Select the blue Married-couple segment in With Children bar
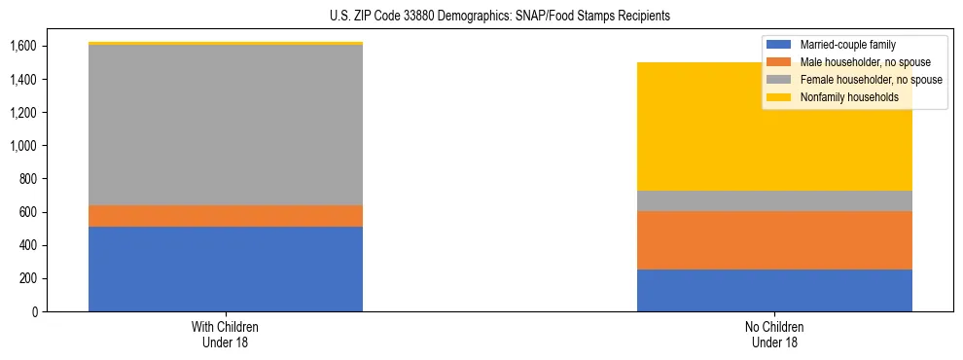pyautogui.click(x=226, y=269)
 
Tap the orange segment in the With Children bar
pyautogui.click(x=226, y=216)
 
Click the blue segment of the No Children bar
pyautogui.click(x=774, y=290)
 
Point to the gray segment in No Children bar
pyautogui.click(x=774, y=201)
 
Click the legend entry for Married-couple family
pyautogui.click(x=847, y=45)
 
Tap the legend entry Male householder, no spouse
pyautogui.click(x=862, y=62)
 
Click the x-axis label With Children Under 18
pyautogui.click(x=226, y=334)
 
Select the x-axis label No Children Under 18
pyautogui.click(x=774, y=334)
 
